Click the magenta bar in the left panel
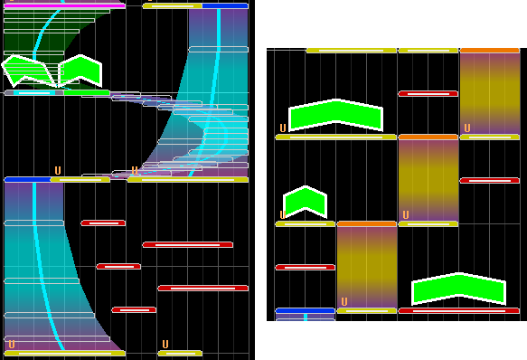tap(64, 5)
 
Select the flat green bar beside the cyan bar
tap(87, 92)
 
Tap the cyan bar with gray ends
tap(34, 92)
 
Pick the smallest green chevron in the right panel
tap(306, 201)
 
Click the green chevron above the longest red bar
tap(459, 288)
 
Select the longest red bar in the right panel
tap(459, 310)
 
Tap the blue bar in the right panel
tap(306, 310)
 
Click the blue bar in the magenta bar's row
tap(225, 5)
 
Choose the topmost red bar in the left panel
tap(103, 223)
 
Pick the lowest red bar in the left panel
tap(134, 309)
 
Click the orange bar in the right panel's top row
tap(490, 51)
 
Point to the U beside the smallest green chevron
tap(283, 214)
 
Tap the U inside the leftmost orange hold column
tap(344, 301)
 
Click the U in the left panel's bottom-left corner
tap(12, 345)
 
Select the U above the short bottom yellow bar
tap(165, 345)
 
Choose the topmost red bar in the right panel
tap(428, 93)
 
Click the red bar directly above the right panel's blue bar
tap(306, 267)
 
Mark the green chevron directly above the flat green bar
tap(80, 71)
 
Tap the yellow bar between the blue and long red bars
tap(367, 310)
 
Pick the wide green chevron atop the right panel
tap(335, 115)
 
